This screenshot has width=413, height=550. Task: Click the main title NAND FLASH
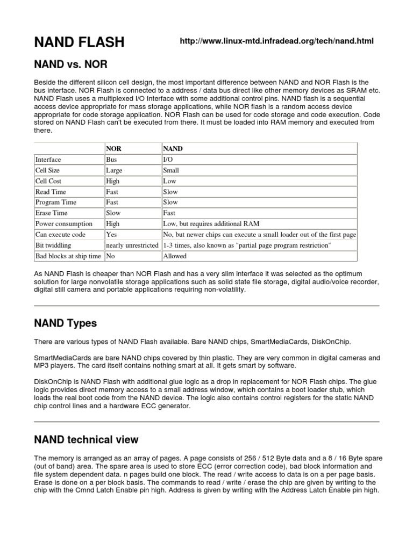click(79, 42)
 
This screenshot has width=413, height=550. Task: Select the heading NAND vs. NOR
click(70, 64)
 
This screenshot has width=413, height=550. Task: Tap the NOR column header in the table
click(113, 148)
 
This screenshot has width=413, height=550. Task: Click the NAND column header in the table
click(173, 148)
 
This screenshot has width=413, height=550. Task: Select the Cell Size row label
click(48, 170)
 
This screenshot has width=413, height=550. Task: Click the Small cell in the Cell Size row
click(171, 170)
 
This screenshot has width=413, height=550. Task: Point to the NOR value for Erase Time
click(113, 213)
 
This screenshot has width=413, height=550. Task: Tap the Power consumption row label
click(63, 224)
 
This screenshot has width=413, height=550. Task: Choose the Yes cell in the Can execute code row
click(111, 235)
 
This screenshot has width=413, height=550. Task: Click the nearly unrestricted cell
click(132, 245)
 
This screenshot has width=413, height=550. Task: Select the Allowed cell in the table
click(175, 256)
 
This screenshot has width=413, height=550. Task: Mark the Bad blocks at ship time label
click(68, 256)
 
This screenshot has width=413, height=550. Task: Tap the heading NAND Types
click(65, 323)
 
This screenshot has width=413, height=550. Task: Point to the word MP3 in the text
click(42, 365)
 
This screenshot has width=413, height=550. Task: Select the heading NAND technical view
click(86, 440)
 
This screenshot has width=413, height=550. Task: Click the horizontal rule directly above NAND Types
click(206, 306)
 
